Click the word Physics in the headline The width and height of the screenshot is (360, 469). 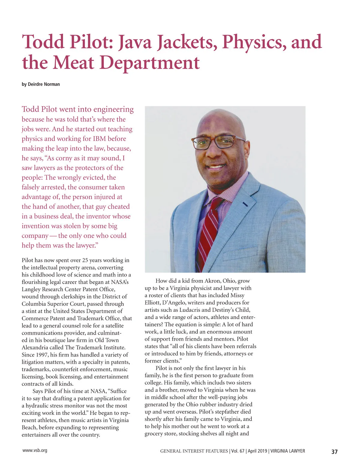tap(252, 42)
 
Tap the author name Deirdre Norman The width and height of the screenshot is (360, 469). tap(44, 84)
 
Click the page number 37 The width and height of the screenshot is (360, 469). tap(334, 452)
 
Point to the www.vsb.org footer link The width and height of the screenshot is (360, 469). tap(35, 450)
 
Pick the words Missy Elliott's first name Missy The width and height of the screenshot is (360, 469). tap(237, 295)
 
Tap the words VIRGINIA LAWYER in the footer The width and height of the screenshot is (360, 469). tap(288, 451)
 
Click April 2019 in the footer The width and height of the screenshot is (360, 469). tap(257, 451)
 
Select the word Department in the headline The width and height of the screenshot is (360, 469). tap(149, 63)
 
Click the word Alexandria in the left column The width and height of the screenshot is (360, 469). tap(36, 348)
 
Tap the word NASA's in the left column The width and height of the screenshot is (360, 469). tap(120, 282)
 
